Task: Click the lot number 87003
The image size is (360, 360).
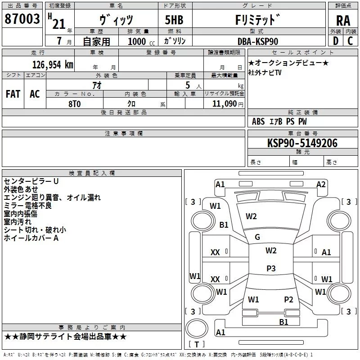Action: pos(22,19)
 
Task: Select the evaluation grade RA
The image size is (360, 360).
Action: pos(343,20)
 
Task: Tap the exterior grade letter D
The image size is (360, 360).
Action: pos(335,40)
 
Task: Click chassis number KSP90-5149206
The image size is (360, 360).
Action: pos(302,143)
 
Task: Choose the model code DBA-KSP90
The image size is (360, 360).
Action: pos(258,41)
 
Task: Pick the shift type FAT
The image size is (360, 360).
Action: pos(13,94)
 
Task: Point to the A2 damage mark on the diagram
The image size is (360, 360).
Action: pos(321,184)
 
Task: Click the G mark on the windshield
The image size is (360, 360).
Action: pos(257,237)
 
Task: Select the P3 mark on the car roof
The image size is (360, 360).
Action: pos(271,268)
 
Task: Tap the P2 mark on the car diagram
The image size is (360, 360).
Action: pos(288,299)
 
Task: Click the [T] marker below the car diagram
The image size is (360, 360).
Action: pos(197,344)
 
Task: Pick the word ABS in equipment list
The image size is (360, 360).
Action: pos(258,121)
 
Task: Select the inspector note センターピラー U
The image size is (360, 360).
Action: pos(31,181)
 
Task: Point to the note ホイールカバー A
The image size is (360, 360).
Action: pos(31,238)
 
